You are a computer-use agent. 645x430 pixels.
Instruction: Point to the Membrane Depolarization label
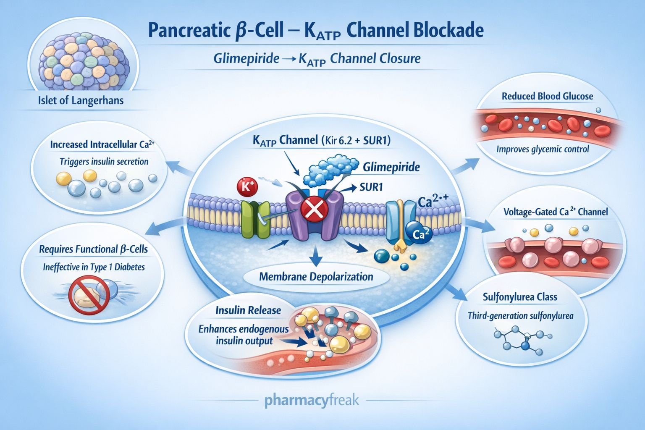(x=316, y=277)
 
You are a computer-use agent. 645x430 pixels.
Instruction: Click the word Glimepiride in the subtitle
(x=246, y=58)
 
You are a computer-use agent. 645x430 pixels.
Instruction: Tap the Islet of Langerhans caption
(x=81, y=101)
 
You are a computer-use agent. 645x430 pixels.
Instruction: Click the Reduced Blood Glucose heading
(x=547, y=96)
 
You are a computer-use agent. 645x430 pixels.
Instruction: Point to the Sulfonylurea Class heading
(x=520, y=297)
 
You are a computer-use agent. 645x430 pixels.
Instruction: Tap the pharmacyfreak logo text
(x=312, y=400)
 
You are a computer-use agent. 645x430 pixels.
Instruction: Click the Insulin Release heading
(x=248, y=310)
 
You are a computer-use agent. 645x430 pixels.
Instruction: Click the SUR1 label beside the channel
(x=371, y=187)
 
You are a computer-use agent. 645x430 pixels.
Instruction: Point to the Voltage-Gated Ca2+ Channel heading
(x=556, y=212)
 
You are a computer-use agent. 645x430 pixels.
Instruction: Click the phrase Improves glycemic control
(x=543, y=149)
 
